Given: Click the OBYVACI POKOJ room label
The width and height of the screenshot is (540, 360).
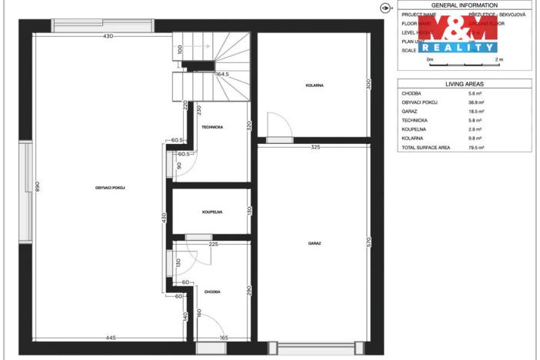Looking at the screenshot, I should coord(111,188).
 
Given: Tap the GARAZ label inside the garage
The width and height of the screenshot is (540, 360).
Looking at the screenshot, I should coord(314,243).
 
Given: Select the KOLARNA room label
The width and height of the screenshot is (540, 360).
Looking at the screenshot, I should coord(314,86).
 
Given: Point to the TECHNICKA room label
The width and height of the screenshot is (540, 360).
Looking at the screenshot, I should coord(212,126).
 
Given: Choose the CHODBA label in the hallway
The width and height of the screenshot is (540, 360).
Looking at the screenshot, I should coord(212,292).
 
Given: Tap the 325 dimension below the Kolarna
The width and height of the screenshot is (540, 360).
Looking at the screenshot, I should coord(315,147).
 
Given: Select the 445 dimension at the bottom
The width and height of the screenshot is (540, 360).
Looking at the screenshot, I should coord(111,338).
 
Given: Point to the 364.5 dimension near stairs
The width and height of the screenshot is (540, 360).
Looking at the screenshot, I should coord(223,75).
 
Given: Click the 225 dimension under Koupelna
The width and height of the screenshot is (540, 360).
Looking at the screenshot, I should coord(214,245).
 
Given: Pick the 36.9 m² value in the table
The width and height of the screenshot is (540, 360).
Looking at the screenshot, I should coord(465,102).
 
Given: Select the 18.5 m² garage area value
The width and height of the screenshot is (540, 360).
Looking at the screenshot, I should coord(465,111).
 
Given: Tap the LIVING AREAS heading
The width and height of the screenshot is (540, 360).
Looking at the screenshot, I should coord(465,83).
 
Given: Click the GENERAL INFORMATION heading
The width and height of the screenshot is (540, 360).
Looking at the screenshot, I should coord(465,5).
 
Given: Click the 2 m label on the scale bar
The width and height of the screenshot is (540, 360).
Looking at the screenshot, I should coord(498,58).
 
